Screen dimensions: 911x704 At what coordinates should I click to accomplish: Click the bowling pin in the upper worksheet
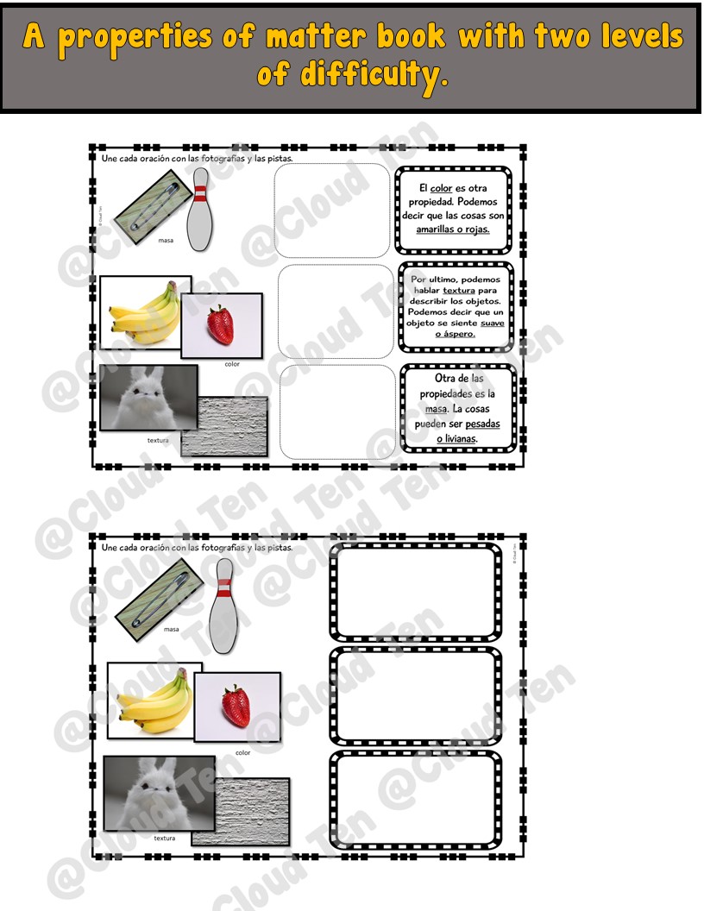(200, 210)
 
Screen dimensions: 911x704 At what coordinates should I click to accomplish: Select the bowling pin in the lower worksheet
(223, 605)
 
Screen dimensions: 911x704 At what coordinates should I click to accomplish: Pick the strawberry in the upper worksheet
(219, 324)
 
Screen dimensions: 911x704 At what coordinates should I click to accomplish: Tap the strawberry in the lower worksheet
(236, 704)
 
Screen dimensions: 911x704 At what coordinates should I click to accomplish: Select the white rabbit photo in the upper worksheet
(148, 397)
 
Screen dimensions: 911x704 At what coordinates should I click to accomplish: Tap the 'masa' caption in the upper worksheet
(166, 241)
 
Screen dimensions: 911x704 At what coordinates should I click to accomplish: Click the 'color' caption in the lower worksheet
(242, 752)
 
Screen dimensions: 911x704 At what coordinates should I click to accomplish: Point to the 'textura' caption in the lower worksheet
(165, 838)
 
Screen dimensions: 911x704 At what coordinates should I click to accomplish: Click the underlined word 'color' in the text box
(441, 188)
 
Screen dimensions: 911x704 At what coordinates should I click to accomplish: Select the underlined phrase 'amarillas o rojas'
(453, 229)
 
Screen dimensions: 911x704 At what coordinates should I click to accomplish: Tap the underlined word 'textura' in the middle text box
(459, 291)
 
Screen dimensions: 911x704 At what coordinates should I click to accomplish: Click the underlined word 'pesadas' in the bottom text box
(482, 424)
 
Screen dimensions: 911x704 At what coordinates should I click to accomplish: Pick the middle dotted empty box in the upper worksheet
(336, 311)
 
